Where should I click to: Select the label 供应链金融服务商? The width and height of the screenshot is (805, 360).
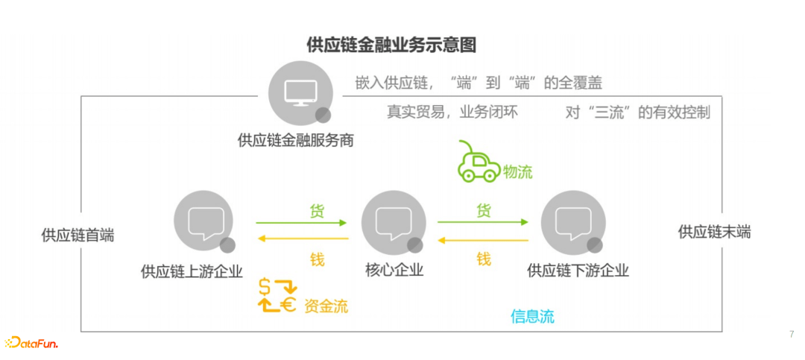pos(296,139)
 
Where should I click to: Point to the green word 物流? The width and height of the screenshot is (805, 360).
pos(518,172)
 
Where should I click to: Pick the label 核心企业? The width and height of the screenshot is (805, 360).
pos(394,270)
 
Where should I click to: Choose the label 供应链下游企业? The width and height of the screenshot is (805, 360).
pos(578,270)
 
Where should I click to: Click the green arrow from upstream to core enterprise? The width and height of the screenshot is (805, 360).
pos(302,222)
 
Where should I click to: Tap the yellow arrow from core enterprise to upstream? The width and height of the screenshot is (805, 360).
pos(302,239)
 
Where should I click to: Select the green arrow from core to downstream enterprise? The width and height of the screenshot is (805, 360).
pos(483,221)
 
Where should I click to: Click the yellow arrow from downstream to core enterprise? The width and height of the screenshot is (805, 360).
pos(483,240)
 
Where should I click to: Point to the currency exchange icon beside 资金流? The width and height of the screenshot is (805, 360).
pos(277,295)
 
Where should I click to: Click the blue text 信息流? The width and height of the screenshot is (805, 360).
pos(532,316)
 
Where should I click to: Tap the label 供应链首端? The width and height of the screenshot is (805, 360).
pos(78,235)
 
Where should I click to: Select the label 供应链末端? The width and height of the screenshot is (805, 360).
pos(714,232)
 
